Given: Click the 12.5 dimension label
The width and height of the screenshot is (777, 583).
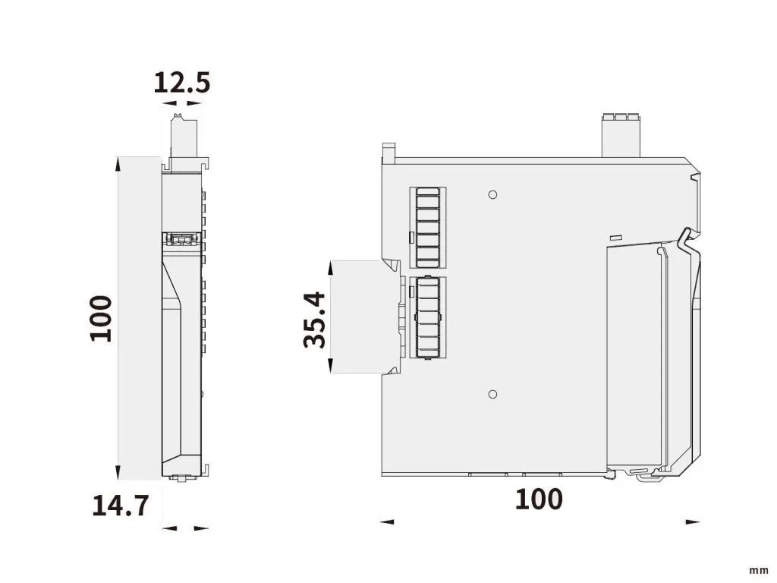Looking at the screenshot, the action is [x=182, y=83].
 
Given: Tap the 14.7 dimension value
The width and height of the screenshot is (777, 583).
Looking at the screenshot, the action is [x=121, y=506].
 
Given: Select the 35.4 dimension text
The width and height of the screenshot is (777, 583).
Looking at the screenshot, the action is [x=315, y=320].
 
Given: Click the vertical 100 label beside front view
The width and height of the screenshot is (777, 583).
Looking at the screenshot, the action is [x=101, y=318].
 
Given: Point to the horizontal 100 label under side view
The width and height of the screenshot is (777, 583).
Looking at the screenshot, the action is [x=539, y=499].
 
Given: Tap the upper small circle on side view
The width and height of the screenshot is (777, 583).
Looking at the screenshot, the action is [x=492, y=195].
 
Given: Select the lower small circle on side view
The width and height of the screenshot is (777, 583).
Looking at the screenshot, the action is [x=492, y=395].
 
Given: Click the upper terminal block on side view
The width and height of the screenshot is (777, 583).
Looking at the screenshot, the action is [x=428, y=228].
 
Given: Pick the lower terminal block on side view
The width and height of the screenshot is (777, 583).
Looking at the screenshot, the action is [x=428, y=317].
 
